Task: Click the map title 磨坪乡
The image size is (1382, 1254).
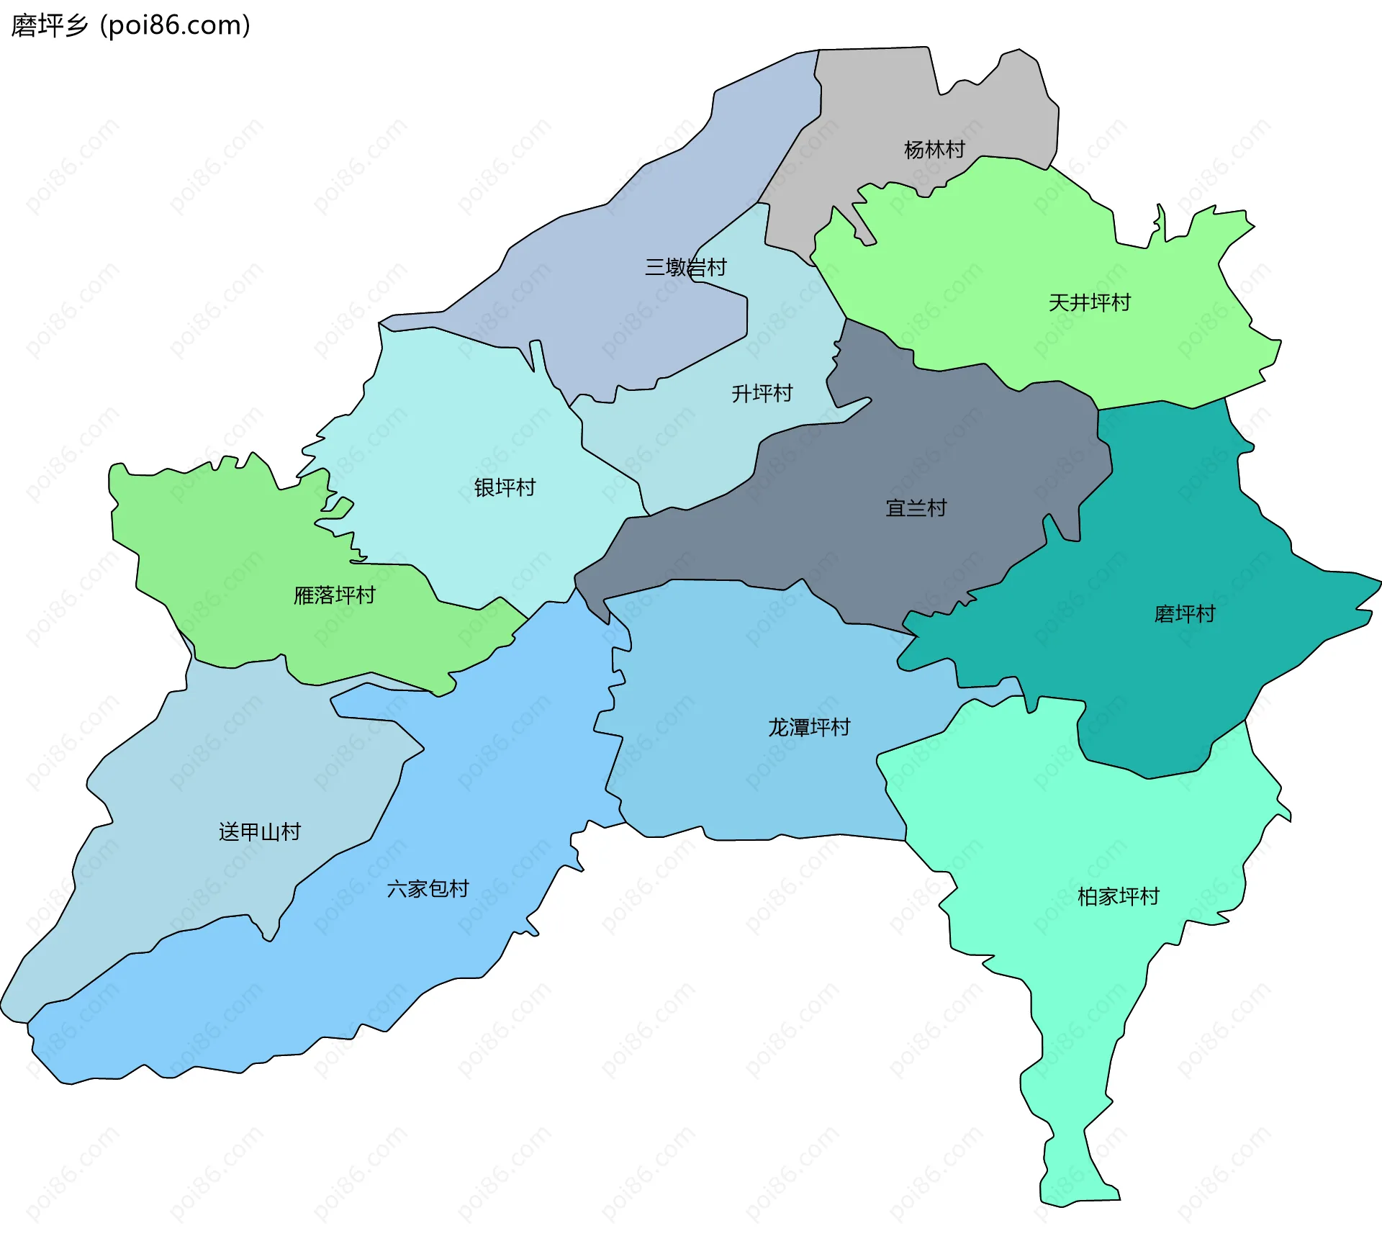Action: click(49, 26)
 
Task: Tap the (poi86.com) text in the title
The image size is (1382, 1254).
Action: click(176, 26)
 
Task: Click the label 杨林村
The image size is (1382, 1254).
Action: click(934, 150)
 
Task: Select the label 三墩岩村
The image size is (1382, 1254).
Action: click(685, 268)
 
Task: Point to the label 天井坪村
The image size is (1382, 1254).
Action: click(1089, 302)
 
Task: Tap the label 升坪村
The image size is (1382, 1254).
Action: click(762, 393)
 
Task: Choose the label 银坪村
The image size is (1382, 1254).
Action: click(505, 487)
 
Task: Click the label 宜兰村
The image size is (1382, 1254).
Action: click(916, 508)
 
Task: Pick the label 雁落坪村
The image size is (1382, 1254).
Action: click(334, 595)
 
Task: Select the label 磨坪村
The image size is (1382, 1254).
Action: click(1184, 613)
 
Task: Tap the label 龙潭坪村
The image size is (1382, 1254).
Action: click(809, 727)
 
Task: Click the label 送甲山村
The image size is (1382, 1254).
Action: click(259, 832)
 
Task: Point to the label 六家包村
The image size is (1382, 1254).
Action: click(428, 889)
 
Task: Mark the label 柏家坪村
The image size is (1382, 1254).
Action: click(1118, 896)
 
